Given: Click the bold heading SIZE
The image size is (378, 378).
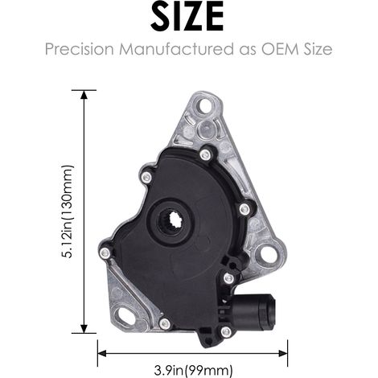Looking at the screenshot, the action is (187, 17).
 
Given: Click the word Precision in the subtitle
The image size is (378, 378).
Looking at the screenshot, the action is (80, 49).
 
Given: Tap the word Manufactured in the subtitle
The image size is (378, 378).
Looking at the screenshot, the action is (177, 49).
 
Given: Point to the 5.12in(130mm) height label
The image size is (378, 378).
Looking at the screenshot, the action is (68, 212).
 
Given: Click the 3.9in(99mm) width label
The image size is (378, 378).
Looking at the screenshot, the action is (193, 371).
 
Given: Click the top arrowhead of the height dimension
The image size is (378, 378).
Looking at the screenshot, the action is (84, 95).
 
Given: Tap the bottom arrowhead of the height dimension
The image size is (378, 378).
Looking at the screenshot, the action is (84, 329).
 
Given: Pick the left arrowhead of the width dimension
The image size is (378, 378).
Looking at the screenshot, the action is (102, 353).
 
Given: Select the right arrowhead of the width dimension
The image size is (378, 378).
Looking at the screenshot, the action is (283, 353).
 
